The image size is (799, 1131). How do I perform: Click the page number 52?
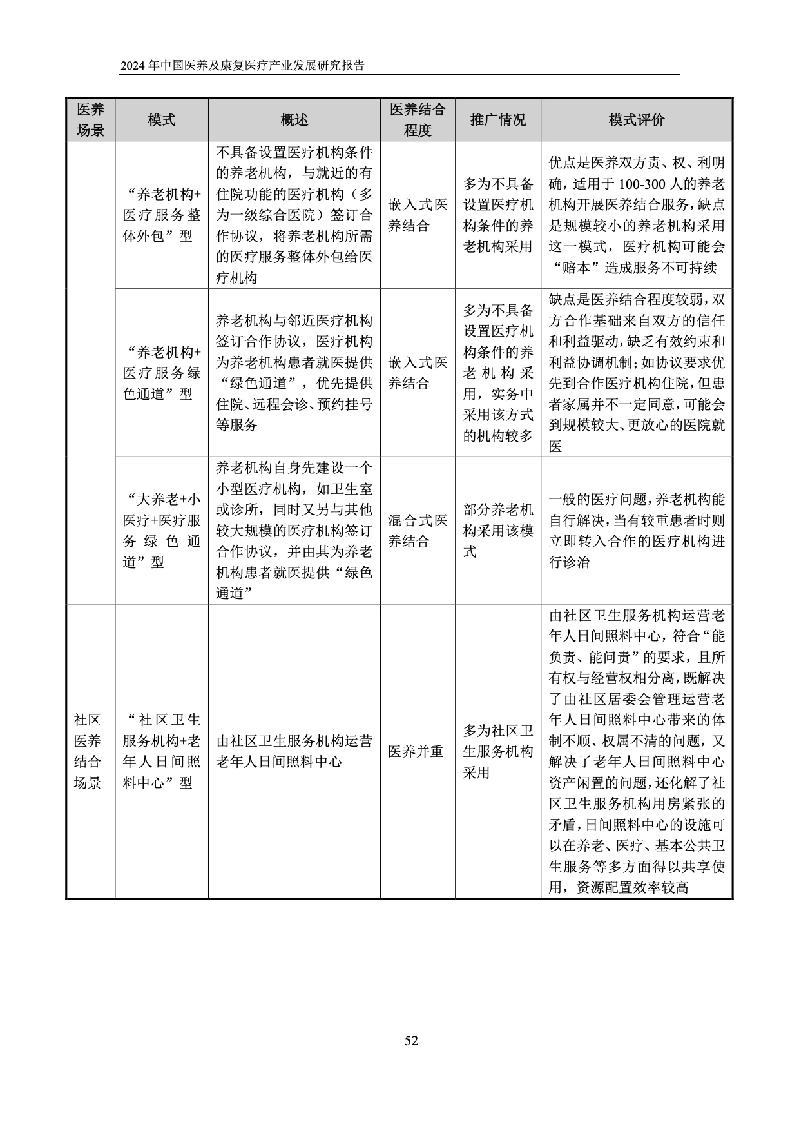click(411, 1040)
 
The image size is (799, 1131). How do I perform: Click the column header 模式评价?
click(636, 120)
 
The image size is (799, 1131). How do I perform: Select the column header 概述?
click(294, 120)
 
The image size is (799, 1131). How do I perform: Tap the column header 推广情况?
click(497, 120)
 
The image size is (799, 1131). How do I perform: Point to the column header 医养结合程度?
click(417, 120)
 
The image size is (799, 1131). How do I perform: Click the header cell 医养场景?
click(90, 120)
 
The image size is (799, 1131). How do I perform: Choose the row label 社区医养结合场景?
click(88, 751)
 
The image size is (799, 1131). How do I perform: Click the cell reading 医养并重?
click(416, 751)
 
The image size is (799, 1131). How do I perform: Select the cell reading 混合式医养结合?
click(417, 531)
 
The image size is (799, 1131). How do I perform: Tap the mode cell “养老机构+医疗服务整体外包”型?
click(161, 215)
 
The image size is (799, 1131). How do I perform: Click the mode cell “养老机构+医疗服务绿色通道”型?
click(161, 373)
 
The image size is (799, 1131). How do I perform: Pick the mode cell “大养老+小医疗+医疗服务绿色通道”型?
click(161, 531)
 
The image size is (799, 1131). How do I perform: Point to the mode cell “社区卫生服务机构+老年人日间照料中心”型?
click(161, 751)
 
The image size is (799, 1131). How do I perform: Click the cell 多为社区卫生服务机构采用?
click(497, 751)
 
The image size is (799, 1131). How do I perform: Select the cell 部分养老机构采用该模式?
click(497, 531)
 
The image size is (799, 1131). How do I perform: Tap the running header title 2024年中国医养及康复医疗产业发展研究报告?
click(242, 66)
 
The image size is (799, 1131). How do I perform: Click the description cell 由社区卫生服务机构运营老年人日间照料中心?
click(294, 751)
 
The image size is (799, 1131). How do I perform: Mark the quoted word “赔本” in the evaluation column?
click(572, 268)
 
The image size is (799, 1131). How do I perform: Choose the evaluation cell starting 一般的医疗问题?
click(636, 531)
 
